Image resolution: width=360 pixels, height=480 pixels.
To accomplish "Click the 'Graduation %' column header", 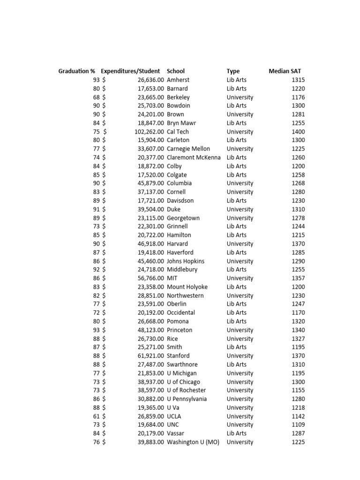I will coord(76,71).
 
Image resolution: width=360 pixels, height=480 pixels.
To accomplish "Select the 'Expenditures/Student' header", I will coord(130,71).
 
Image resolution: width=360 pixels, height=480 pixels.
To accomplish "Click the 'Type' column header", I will coord(233,71).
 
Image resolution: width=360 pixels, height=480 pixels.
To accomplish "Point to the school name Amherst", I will coord(178,80).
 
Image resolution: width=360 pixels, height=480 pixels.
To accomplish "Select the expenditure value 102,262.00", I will coord(149,132).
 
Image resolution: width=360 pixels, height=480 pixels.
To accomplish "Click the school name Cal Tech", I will coord(178,132).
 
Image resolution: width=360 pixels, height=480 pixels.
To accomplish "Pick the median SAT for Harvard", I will coord(298,244).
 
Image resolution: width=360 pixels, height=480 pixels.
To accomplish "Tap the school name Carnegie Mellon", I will coord(188,149).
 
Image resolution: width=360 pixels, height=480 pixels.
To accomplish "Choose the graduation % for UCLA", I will coord(96,416).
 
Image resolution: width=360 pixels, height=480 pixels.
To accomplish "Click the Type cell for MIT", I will coord(240,278).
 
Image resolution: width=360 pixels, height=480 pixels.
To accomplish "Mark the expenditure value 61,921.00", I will coord(150,356).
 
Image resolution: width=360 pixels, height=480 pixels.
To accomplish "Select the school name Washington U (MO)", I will coord(193,442).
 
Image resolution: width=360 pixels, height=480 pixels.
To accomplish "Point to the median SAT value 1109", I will coord(298,425).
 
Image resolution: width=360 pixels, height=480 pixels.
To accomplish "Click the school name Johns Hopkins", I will coord(186,261).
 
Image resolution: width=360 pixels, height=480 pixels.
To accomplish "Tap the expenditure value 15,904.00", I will coord(150,140).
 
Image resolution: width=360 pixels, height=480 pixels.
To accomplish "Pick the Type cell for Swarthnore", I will coord(236,364).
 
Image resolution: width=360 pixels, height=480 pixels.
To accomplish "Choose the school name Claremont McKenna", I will coord(194,157).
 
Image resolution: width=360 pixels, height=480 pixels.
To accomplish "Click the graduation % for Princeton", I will coord(96,330).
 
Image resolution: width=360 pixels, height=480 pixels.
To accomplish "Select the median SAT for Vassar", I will coord(298,434).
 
